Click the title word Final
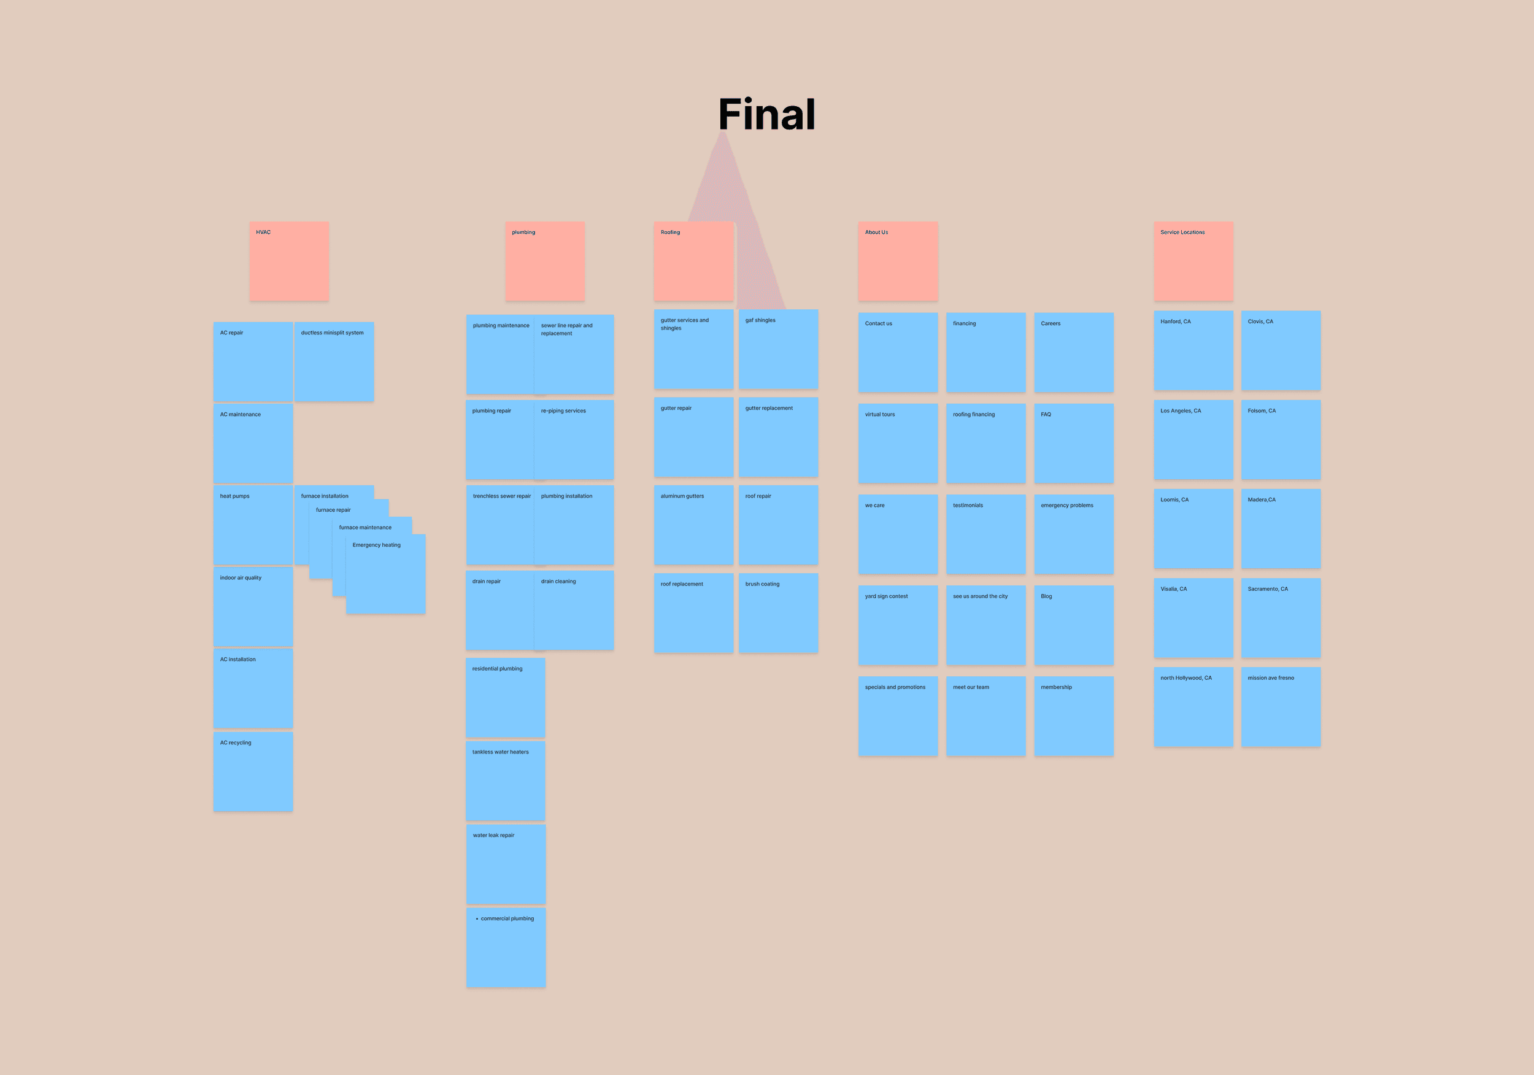(x=766, y=114)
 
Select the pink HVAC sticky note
(x=288, y=261)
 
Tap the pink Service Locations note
(x=1193, y=261)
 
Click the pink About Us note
(x=897, y=261)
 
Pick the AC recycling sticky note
(x=253, y=772)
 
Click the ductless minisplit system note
(x=334, y=361)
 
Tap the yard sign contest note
(x=897, y=625)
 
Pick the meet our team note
(x=985, y=716)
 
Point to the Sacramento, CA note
(x=1280, y=618)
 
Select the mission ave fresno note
(x=1280, y=707)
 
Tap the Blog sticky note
(x=1073, y=625)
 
